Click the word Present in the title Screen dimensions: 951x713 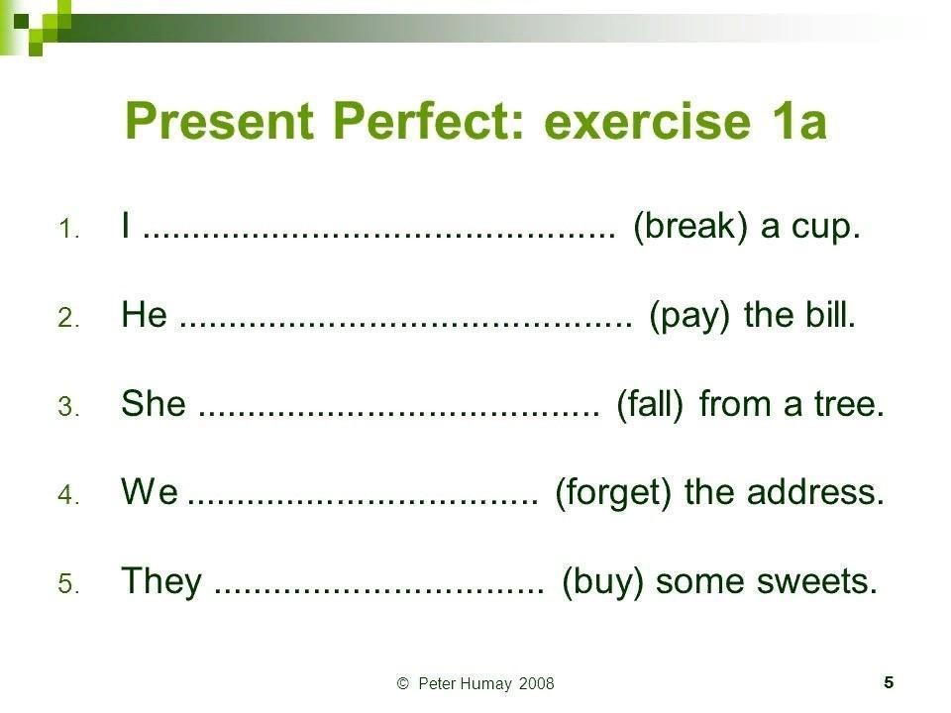click(x=219, y=121)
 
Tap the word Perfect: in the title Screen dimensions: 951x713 click(x=428, y=121)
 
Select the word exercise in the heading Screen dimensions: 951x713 click(x=648, y=121)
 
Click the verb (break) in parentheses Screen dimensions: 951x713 click(x=690, y=226)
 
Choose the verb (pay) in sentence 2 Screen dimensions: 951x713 click(x=689, y=316)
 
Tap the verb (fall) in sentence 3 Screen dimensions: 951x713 click(x=650, y=404)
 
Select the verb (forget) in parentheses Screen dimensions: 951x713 click(x=613, y=492)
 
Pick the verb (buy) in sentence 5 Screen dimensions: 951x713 click(x=602, y=582)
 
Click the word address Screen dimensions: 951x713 click(x=815, y=492)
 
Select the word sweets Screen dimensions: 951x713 click(x=817, y=581)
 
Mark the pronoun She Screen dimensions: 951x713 click(x=154, y=403)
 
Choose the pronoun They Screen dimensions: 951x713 click(x=161, y=581)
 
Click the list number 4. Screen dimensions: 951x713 click(x=68, y=495)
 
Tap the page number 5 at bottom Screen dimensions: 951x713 click(x=889, y=682)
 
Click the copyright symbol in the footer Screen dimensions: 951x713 click(x=403, y=684)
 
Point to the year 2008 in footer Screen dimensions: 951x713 click(x=536, y=684)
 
